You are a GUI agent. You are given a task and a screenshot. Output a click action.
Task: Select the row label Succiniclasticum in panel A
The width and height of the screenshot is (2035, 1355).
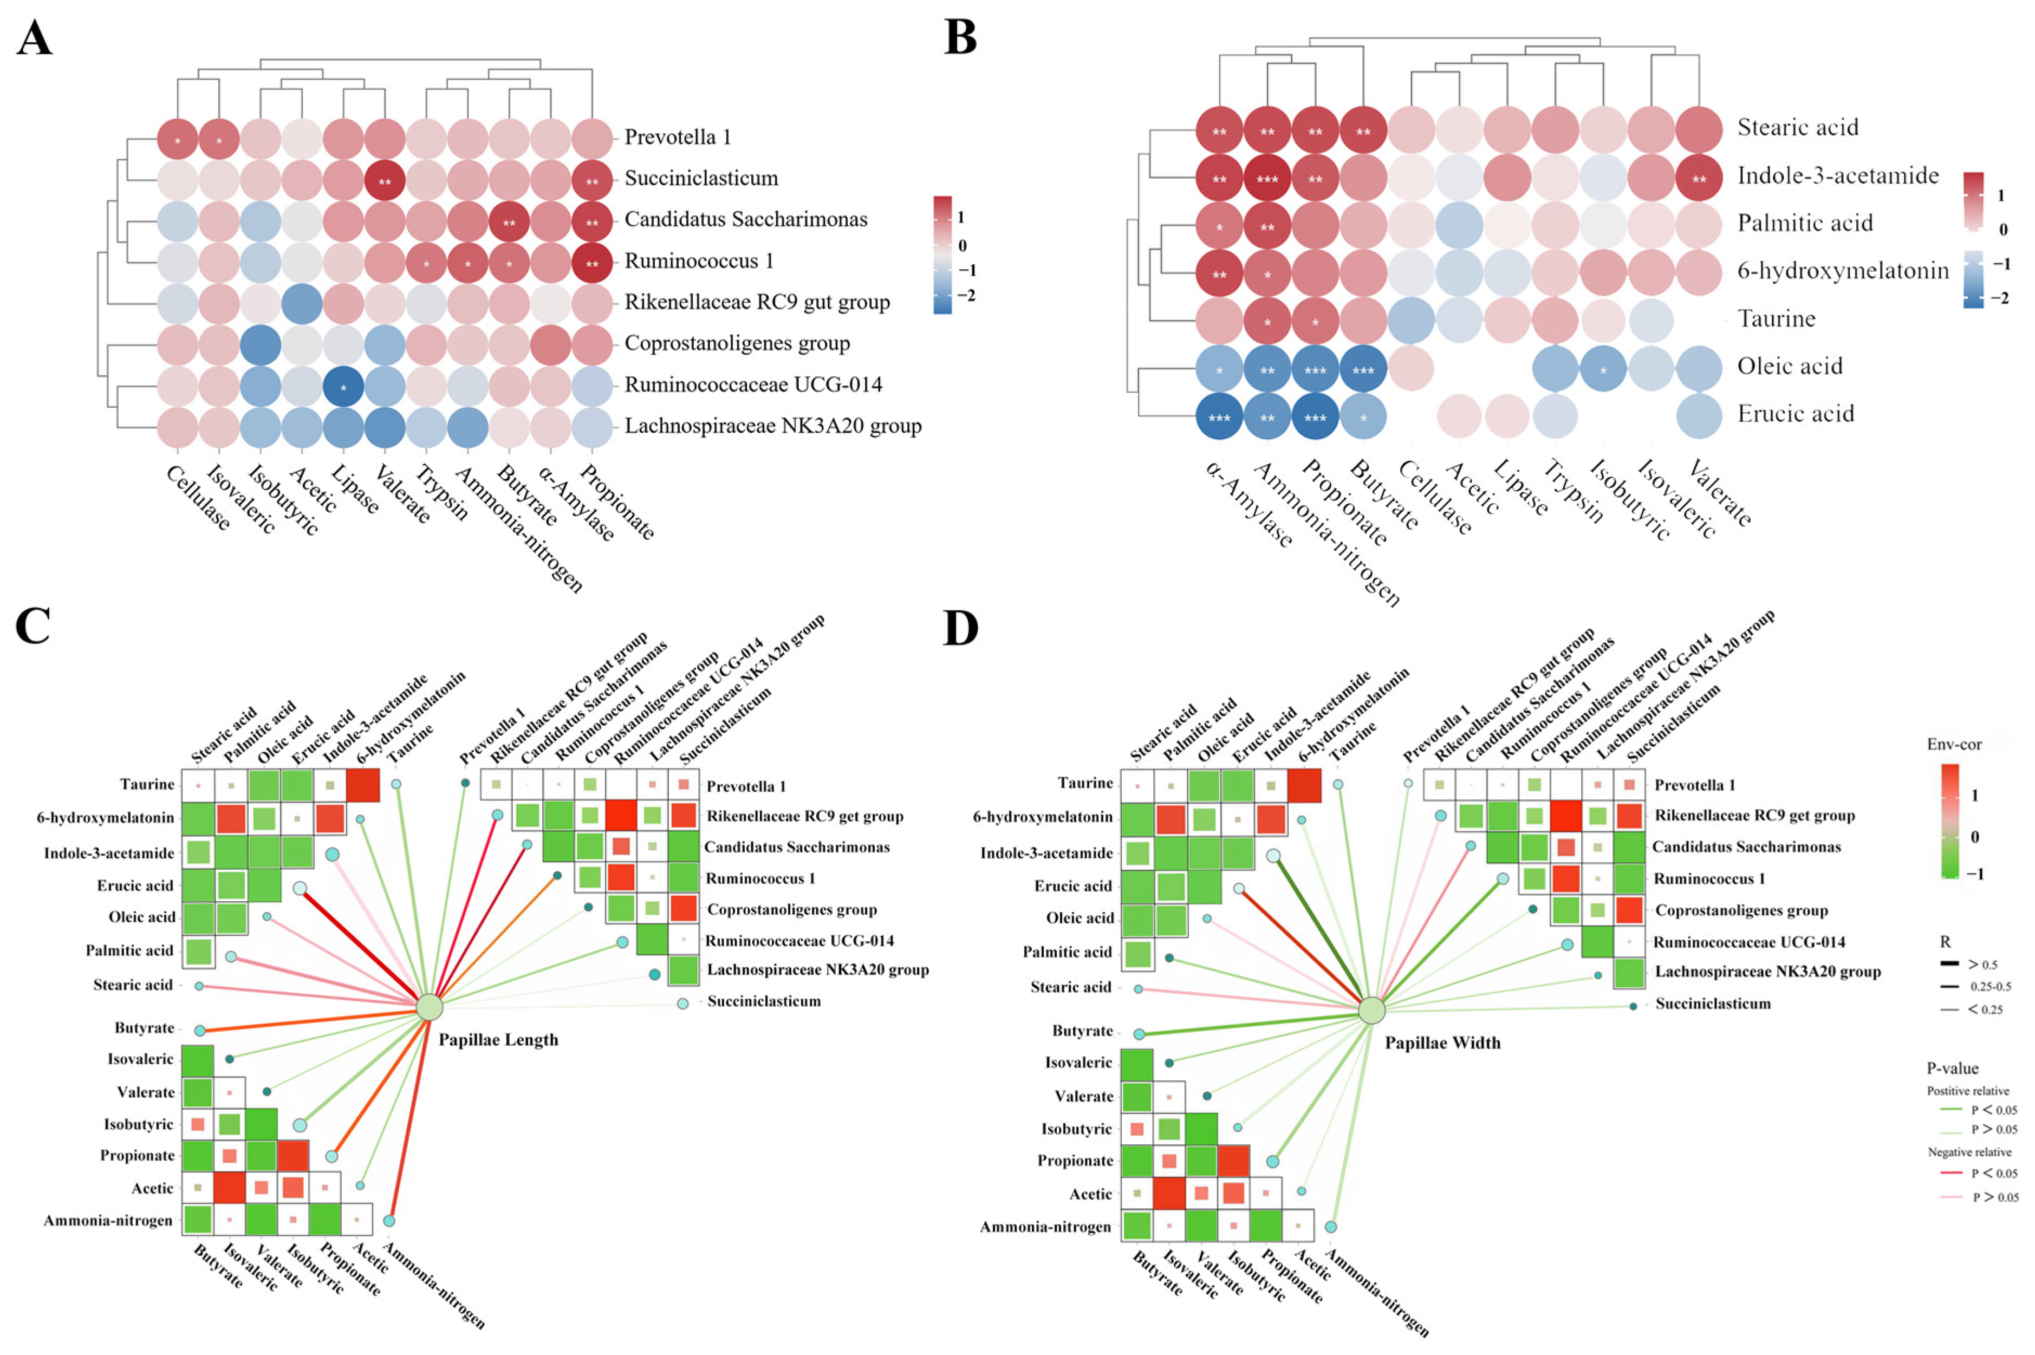tap(701, 179)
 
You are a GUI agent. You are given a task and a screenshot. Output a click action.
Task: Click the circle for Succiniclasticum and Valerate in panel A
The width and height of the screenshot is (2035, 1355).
tap(385, 180)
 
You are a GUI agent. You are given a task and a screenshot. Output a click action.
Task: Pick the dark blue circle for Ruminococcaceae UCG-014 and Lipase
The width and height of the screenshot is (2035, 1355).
tap(343, 386)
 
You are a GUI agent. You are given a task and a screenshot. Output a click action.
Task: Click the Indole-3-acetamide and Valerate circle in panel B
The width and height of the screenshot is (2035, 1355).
tap(1698, 178)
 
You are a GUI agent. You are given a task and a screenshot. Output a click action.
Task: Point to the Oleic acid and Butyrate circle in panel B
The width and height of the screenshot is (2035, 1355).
tap(1363, 369)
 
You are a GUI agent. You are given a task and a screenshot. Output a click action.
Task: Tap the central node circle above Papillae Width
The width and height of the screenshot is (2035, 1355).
tap(1371, 1010)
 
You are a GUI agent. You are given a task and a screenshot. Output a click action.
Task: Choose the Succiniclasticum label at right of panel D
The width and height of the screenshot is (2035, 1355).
tap(1713, 1004)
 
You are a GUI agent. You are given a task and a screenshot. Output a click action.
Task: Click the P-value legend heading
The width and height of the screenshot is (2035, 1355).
tap(1952, 1068)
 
